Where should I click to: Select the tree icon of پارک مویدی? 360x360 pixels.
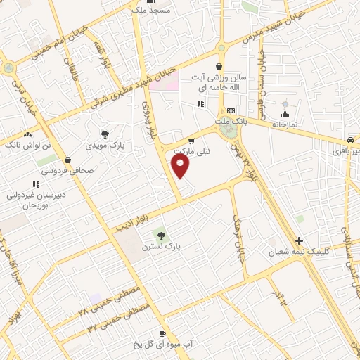tap(105, 134)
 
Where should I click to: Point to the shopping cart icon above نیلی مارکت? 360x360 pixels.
tap(191, 141)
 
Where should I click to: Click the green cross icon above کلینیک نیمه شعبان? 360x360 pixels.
tap(300, 239)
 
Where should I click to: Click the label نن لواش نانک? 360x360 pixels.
tap(28, 144)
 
